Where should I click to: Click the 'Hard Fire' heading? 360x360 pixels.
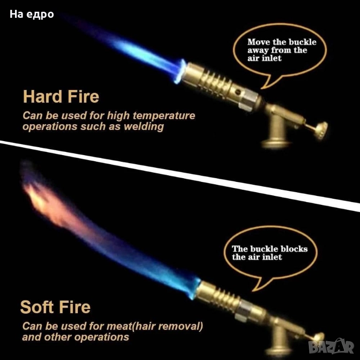61,97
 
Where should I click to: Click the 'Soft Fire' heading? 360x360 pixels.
55,307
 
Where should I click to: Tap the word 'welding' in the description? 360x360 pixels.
144,127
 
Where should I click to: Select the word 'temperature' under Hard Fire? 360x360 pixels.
164,115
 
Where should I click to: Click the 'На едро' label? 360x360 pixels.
32,15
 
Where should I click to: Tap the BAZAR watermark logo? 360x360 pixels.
331,347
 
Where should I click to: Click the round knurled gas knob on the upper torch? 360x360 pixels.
322,130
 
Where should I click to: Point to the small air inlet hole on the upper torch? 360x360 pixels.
239,92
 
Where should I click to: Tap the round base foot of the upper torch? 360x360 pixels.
277,144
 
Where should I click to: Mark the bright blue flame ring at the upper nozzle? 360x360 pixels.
180,71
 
